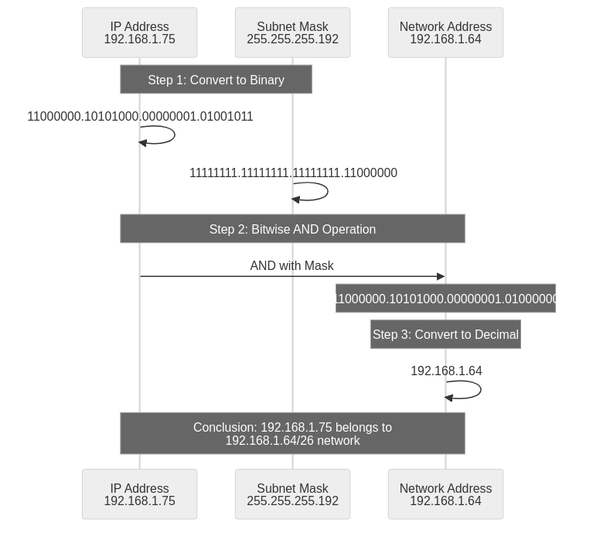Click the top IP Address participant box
(139, 32)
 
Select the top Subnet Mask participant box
(292, 32)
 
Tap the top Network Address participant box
(445, 32)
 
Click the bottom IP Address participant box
(139, 494)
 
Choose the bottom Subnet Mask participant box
(292, 494)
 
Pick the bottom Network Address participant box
(445, 494)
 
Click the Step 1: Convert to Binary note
(216, 80)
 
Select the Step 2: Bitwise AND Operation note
(292, 229)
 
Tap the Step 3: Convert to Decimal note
(445, 334)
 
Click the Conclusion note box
(292, 433)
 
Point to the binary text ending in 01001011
(140, 117)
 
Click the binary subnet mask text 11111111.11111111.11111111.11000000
(293, 173)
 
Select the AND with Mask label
(291, 265)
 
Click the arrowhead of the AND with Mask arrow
(441, 276)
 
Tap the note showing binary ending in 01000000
(445, 299)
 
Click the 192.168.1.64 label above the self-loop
(446, 371)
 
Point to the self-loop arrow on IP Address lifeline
(173, 135)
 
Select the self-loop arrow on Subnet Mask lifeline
(326, 191)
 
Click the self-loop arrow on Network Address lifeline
(479, 390)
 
